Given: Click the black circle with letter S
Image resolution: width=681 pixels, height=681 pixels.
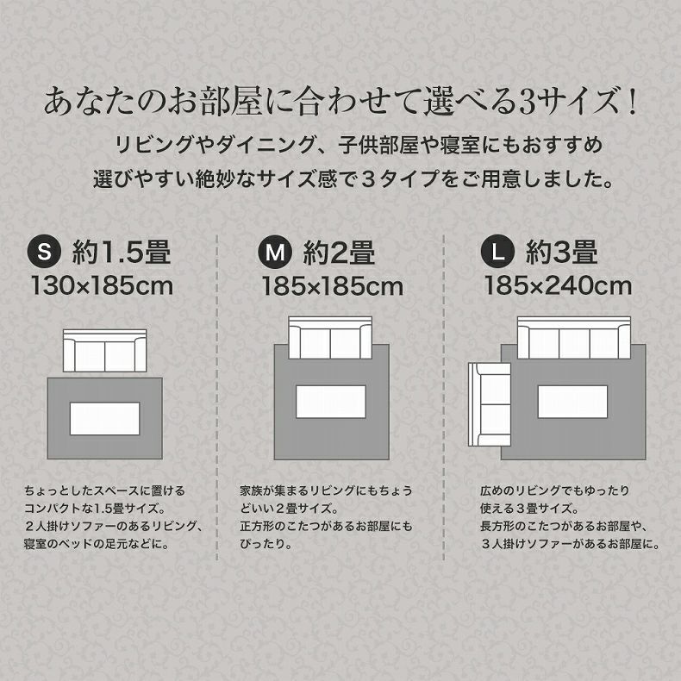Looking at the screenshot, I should pyautogui.click(x=47, y=253).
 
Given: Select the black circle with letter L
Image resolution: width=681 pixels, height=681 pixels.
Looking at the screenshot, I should pyautogui.click(x=497, y=253).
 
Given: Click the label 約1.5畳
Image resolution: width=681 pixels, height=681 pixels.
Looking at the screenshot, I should pyautogui.click(x=122, y=253).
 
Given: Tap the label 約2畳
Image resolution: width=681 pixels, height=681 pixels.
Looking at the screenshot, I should pyautogui.click(x=339, y=253).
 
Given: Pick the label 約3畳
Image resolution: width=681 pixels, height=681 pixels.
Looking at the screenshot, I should pyautogui.click(x=562, y=253).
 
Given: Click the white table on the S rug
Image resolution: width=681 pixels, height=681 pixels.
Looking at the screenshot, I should pyautogui.click(x=104, y=419).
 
